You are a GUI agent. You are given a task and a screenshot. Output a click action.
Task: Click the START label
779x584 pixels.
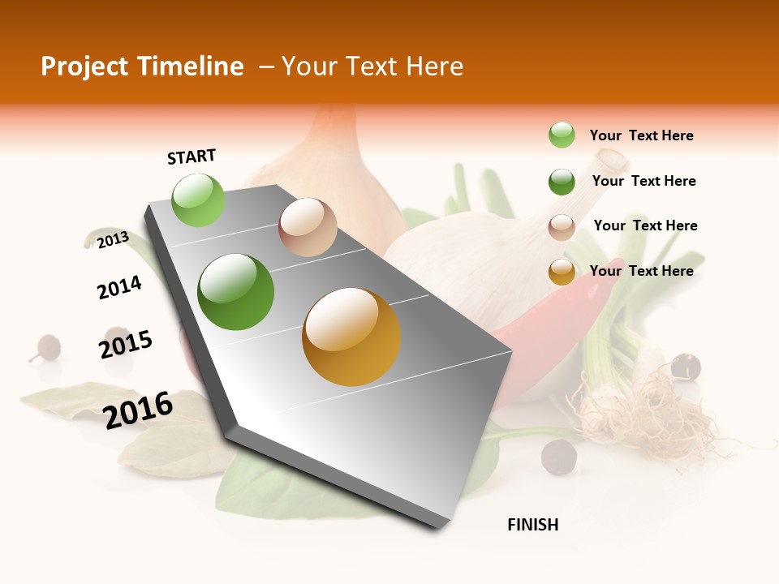click(x=192, y=157)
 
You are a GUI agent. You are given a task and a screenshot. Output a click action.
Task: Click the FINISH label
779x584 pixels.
click(x=532, y=525)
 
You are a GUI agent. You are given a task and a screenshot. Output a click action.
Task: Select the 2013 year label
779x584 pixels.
click(x=113, y=239)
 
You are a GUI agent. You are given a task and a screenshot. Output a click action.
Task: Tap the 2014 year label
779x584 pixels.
click(x=119, y=287)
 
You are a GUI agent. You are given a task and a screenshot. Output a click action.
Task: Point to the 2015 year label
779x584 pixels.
click(x=126, y=344)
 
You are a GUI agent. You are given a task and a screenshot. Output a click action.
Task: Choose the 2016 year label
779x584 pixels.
click(x=138, y=410)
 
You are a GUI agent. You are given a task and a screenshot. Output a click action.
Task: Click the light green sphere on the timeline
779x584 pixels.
click(x=199, y=200)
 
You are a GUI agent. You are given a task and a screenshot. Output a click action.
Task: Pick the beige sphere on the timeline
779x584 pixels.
click(x=308, y=227)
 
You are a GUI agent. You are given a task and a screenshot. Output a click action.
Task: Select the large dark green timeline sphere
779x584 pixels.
click(x=236, y=292)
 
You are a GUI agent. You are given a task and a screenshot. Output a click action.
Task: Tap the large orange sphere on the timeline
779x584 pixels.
click(x=351, y=337)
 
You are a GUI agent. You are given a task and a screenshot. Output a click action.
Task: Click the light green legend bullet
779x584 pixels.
click(x=562, y=135)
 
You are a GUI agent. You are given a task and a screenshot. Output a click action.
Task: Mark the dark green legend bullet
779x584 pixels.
click(x=562, y=182)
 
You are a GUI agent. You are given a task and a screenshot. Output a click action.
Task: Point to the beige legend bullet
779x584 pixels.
click(x=562, y=227)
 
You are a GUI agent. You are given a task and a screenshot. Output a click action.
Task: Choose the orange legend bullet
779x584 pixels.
click(x=562, y=272)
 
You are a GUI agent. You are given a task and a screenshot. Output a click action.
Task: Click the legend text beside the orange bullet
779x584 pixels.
click(x=641, y=271)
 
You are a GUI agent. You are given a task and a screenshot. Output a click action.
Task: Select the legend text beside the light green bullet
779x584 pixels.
click(x=641, y=135)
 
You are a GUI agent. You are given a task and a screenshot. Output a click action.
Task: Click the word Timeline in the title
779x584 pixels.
click(x=190, y=67)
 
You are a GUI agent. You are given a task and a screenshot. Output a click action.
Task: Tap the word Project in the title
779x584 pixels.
click(x=83, y=67)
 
